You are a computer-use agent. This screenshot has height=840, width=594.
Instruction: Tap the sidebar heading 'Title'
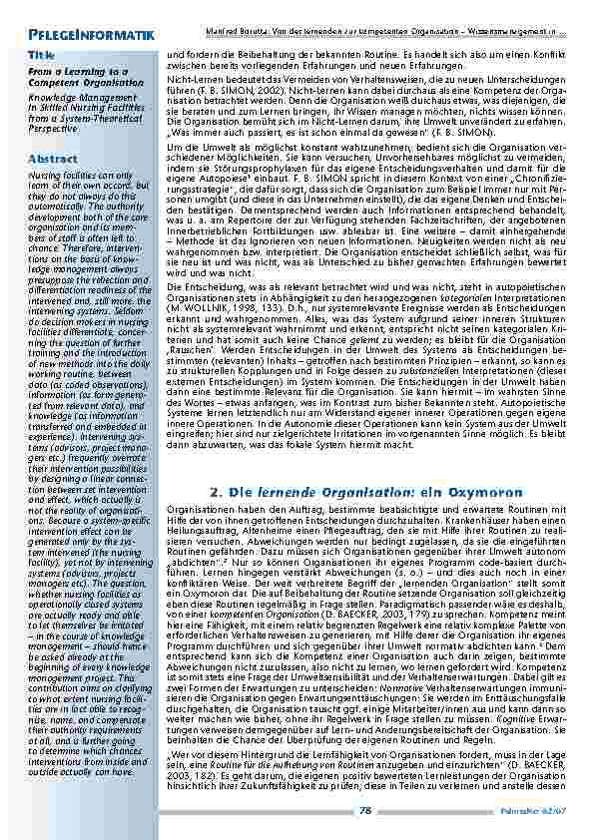pyautogui.click(x=42, y=53)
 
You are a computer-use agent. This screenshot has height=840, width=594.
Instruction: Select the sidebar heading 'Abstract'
pyautogui.click(x=53, y=159)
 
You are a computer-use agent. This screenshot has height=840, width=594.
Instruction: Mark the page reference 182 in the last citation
pyautogui.click(x=207, y=773)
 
